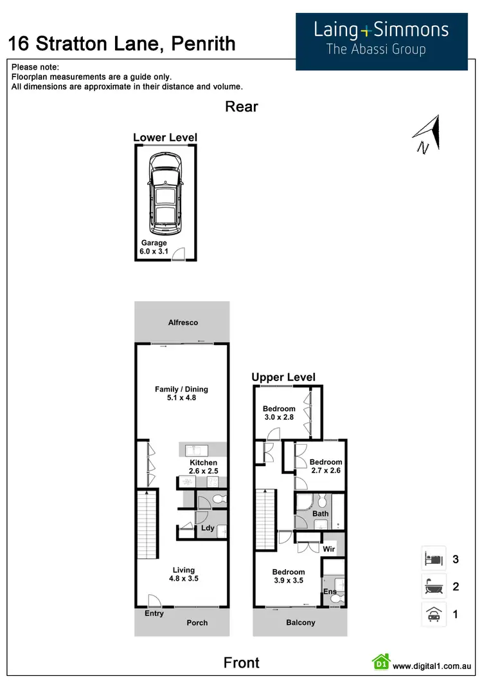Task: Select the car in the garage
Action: (x=166, y=194)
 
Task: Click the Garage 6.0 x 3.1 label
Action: (x=154, y=247)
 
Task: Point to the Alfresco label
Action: (x=183, y=323)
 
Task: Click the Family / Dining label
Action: (x=181, y=393)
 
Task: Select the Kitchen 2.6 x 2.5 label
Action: (x=203, y=467)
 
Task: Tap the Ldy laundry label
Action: (x=208, y=529)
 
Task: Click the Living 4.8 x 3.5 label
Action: (x=183, y=574)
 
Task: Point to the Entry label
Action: (x=154, y=613)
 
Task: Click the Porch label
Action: (x=197, y=622)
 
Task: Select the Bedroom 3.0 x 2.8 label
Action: (x=279, y=413)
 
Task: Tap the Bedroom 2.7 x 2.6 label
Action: (x=326, y=466)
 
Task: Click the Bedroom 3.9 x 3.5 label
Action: (x=288, y=576)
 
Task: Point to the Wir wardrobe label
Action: (x=328, y=550)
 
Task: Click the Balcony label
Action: (x=300, y=622)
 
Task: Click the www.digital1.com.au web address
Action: (x=433, y=666)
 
